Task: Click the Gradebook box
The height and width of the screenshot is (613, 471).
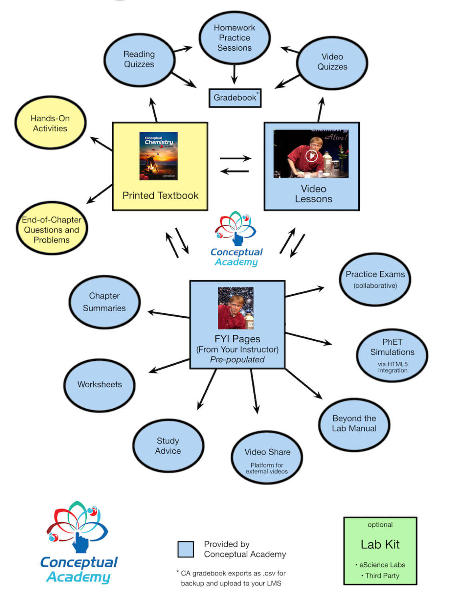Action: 235,98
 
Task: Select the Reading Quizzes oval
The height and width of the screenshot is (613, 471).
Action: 139,60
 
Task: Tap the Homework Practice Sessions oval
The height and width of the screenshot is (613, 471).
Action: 235,38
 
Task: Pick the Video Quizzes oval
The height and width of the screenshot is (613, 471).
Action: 332,62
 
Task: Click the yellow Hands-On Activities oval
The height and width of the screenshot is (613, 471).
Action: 50,123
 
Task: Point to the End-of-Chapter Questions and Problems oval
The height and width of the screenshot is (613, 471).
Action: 52,229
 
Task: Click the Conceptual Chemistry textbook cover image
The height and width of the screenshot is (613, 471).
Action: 159,156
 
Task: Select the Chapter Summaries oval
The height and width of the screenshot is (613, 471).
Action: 104,302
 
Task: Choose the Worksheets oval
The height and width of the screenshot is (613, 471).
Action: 99,385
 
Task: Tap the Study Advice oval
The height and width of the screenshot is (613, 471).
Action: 168,445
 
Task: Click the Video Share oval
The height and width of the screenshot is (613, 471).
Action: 267,457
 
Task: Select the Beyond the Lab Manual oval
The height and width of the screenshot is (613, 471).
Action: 354,424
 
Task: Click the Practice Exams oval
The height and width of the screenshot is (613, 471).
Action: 375,279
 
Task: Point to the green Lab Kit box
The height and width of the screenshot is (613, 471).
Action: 380,551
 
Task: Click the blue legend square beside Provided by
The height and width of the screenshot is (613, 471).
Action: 186,549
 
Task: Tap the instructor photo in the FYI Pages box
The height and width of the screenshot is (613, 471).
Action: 236,308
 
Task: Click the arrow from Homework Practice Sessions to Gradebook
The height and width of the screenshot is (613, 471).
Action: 235,74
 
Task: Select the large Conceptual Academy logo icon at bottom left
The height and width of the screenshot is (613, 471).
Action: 78,527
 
